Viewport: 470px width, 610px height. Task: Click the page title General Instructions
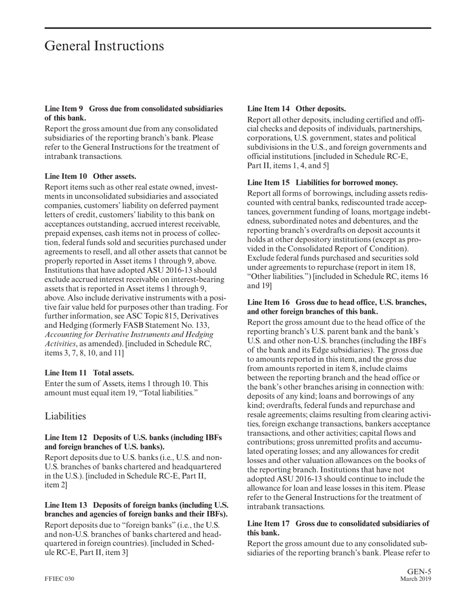coord(104,46)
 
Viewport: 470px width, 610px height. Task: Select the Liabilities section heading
coord(65,416)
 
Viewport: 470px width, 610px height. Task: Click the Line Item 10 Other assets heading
coord(91,176)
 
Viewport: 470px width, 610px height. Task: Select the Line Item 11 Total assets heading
coord(89,373)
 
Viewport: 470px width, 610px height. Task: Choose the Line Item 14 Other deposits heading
coord(296,108)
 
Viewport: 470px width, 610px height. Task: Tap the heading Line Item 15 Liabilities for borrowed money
coord(322,182)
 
